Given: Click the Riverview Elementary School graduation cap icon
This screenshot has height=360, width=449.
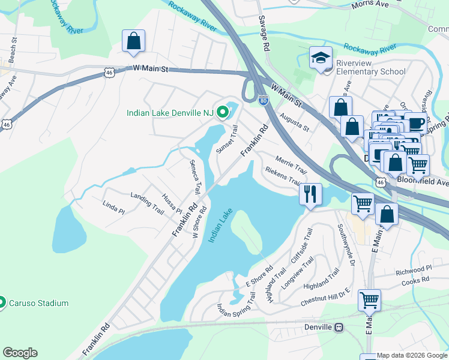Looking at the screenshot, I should pyautogui.click(x=321, y=58).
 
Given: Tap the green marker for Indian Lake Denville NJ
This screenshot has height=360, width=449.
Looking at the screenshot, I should pyautogui.click(x=223, y=112).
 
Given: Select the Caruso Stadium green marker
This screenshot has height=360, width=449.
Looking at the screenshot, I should pyautogui.click(x=2, y=302).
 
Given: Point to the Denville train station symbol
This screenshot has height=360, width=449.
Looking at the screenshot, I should pyautogui.click(x=339, y=327).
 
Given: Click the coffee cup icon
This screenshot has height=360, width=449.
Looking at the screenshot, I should pyautogui.click(x=415, y=123).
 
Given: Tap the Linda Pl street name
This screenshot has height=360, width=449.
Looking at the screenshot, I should pyautogui.click(x=113, y=208).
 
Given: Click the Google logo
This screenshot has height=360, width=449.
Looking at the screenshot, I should pyautogui.click(x=20, y=352).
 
